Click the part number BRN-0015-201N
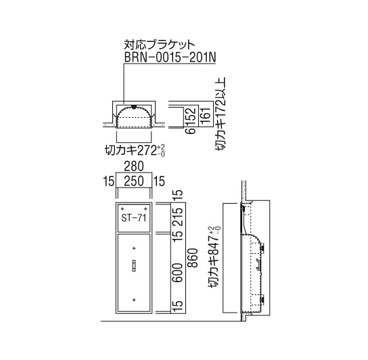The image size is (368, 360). click(x=170, y=57)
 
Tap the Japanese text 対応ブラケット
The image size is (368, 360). click(x=160, y=45)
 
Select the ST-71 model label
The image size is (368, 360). click(x=134, y=218)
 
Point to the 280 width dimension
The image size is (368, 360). click(x=134, y=166)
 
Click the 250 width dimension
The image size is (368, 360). click(x=134, y=181)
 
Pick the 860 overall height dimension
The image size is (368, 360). click(x=193, y=258)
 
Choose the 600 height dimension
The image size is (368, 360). click(x=178, y=273)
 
